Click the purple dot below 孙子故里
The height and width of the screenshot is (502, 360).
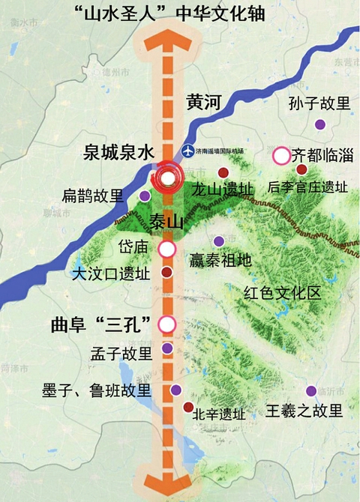pyautogui.click(x=320, y=124)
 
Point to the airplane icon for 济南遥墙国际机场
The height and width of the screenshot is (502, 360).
pyautogui.click(x=187, y=151)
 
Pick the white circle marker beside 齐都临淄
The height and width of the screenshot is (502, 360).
pyautogui.click(x=281, y=156)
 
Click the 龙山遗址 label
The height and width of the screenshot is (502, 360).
pyautogui.click(x=222, y=189)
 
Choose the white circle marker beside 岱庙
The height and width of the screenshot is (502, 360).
pyautogui.click(x=167, y=249)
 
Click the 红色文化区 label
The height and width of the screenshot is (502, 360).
pyautogui.click(x=281, y=292)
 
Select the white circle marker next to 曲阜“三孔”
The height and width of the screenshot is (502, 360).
pyautogui.click(x=167, y=324)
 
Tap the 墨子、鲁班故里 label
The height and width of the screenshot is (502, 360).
pyautogui.click(x=97, y=390)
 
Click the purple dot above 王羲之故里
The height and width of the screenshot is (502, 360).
pyautogui.click(x=310, y=391)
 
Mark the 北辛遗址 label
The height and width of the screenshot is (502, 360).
pyautogui.click(x=218, y=414)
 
